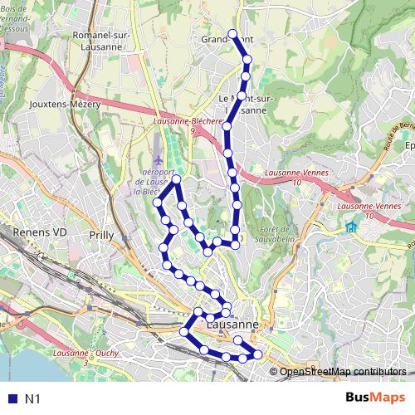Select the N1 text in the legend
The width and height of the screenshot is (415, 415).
click(32, 398)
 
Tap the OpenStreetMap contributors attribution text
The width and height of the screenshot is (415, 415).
click(342, 372)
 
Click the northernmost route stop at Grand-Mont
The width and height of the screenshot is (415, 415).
click(232, 35)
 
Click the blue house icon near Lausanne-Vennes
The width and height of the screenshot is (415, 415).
click(351, 227)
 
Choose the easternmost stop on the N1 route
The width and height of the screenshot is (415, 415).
click(257, 354)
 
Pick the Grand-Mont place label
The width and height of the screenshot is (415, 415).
click(220, 39)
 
